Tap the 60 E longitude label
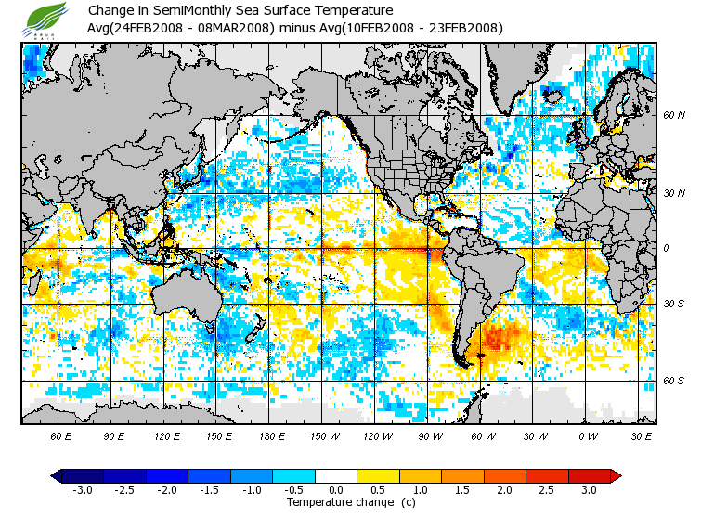click(61, 436)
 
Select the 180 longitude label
click(273, 436)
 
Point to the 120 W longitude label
click(378, 436)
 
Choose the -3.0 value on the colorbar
click(82, 490)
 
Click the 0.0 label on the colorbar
click(336, 490)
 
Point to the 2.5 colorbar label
click(548, 490)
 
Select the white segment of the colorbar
click(336, 475)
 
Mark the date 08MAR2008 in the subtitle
click(239, 28)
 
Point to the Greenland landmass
click(525, 70)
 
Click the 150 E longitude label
click(220, 436)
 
